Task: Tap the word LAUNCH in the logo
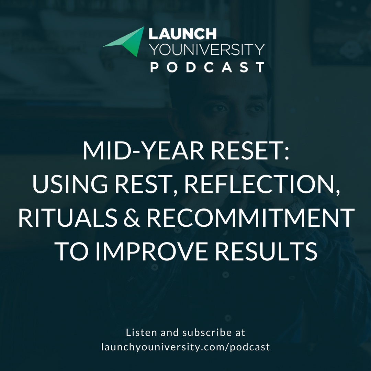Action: [x=182, y=34]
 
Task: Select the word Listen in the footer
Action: [x=139, y=333]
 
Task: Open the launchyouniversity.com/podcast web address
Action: [x=185, y=347]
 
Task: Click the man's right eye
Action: [x=219, y=108]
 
